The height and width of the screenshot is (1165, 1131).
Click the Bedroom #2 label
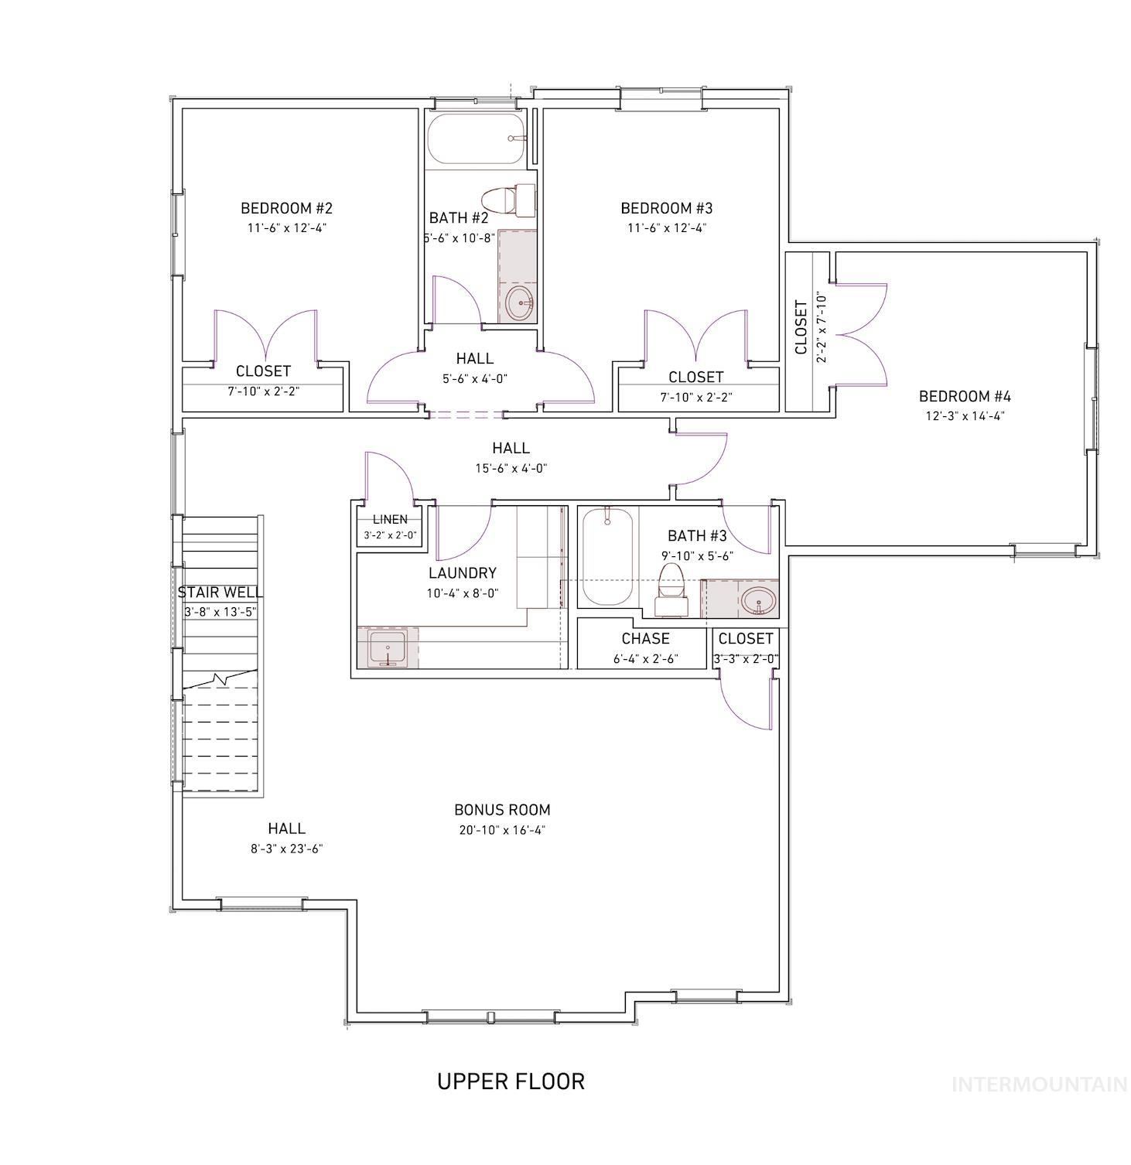[286, 208]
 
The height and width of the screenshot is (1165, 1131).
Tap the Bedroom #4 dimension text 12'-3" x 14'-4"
[965, 416]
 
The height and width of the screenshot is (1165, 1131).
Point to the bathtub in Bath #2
[476, 139]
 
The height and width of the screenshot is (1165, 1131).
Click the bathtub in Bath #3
[607, 556]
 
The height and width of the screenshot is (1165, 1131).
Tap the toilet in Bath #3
[670, 589]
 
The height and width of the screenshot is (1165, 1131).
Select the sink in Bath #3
[757, 600]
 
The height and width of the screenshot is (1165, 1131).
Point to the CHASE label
[645, 639]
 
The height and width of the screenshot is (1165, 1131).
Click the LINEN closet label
[390, 520]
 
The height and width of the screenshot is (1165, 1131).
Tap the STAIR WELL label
[220, 593]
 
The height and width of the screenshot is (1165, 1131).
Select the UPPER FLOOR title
[511, 1081]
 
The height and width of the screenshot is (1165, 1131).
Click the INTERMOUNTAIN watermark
[1038, 1085]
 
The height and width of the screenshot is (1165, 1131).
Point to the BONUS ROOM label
[502, 810]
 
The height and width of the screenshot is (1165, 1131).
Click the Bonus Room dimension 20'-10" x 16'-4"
[502, 831]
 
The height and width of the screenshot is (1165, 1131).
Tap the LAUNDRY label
[463, 573]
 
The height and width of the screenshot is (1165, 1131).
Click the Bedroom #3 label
[666, 208]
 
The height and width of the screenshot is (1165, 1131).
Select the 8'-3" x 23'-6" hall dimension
[286, 849]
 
